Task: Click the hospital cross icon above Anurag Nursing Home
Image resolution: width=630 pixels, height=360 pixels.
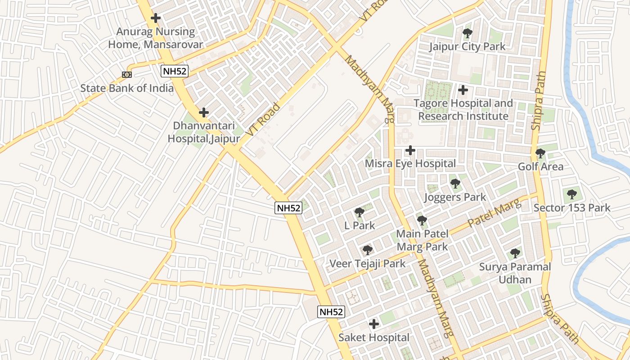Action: [x=156, y=18]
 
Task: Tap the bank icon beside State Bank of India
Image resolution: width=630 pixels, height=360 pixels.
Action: [x=127, y=74]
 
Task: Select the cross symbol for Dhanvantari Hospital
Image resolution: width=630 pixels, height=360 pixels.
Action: [x=204, y=112]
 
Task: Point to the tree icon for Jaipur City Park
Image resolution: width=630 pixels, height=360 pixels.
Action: [x=468, y=33]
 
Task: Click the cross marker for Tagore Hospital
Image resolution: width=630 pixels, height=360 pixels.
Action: [x=463, y=90]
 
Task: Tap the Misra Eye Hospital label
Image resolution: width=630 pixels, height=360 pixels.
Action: [x=410, y=163]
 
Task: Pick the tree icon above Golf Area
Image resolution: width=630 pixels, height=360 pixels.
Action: [x=540, y=153]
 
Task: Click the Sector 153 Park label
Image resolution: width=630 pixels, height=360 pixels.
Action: [x=571, y=207]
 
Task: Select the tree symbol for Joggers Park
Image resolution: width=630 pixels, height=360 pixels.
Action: [x=455, y=184]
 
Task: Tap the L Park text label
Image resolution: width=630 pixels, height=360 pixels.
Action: [x=359, y=225]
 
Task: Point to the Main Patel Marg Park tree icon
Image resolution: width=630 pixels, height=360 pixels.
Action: [x=422, y=220]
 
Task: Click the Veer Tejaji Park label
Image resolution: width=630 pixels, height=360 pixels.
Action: [x=367, y=263]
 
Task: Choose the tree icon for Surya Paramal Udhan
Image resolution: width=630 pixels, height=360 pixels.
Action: [x=515, y=253]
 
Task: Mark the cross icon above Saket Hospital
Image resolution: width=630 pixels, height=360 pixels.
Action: [x=373, y=324]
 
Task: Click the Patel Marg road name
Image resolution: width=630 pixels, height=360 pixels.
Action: [x=494, y=213]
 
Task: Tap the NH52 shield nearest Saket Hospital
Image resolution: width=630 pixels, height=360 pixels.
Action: [x=331, y=311]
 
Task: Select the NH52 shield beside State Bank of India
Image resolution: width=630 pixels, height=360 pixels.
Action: [x=175, y=71]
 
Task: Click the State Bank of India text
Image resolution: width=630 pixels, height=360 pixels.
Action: [x=127, y=88]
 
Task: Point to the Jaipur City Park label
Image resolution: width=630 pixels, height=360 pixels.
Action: [x=467, y=46]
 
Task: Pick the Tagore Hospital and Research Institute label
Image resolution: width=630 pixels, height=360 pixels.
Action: [x=463, y=109]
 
